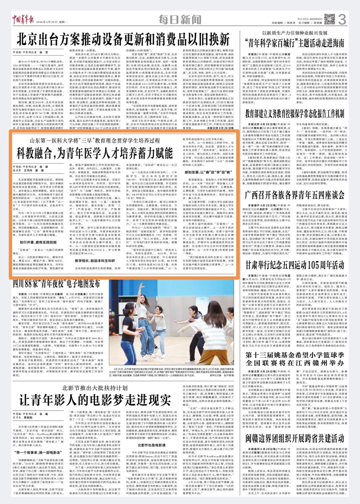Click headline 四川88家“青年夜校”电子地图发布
(56, 284)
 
